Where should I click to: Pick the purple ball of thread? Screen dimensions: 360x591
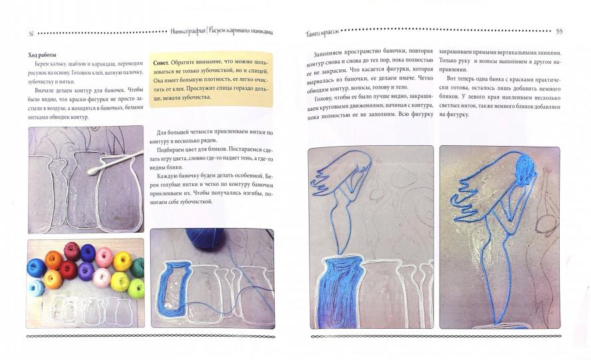coord(86,271)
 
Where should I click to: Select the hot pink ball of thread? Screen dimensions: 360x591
coord(105,257)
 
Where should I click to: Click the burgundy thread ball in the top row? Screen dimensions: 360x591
coord(72,252)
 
